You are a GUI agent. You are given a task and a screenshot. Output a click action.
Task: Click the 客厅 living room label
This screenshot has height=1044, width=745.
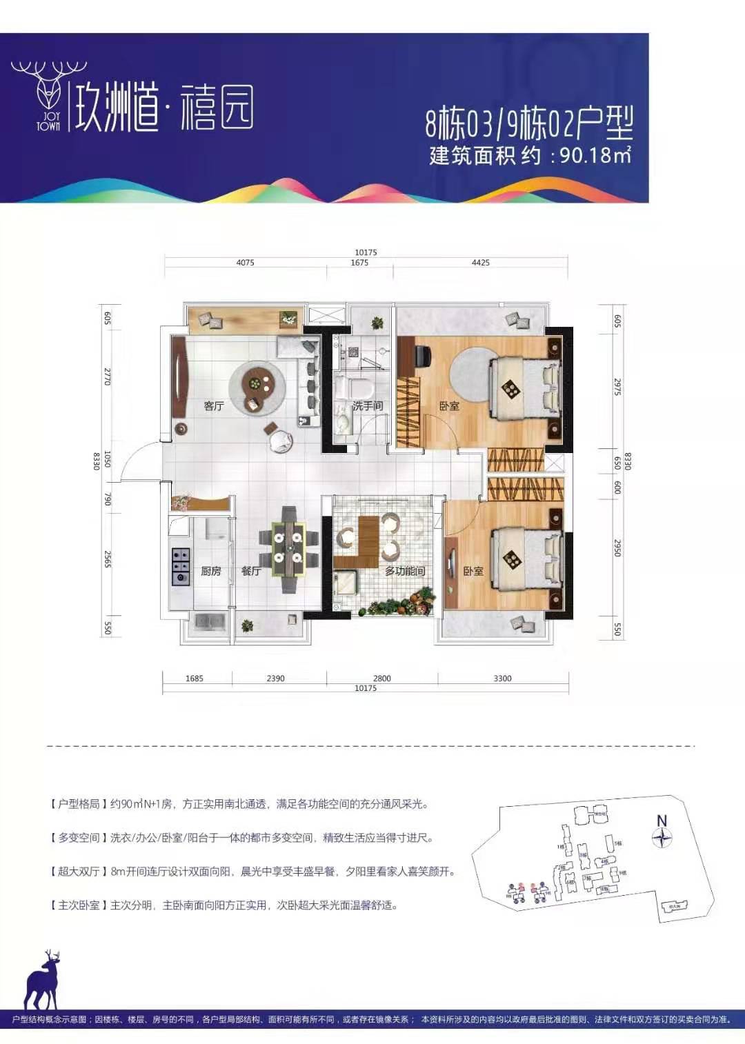click(x=214, y=406)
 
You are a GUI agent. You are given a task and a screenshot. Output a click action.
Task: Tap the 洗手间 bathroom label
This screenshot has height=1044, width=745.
click(x=368, y=406)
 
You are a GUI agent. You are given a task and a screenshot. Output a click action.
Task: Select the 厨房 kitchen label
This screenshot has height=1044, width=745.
click(x=211, y=571)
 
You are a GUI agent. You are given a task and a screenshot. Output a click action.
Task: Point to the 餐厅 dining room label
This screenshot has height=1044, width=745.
click(x=251, y=571)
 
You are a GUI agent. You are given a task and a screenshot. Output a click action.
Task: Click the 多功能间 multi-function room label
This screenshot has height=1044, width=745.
click(x=405, y=571)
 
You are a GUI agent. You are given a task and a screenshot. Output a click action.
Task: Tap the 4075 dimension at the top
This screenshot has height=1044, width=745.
click(x=245, y=263)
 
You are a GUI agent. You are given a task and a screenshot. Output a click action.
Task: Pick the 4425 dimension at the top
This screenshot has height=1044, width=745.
click(x=480, y=263)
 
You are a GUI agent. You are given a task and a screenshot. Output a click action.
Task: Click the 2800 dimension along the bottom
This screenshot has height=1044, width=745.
click(x=381, y=679)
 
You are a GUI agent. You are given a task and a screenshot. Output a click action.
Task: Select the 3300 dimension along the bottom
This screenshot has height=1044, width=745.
click(x=502, y=679)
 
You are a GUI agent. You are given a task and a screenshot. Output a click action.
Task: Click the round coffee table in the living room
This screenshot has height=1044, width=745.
click(x=257, y=388)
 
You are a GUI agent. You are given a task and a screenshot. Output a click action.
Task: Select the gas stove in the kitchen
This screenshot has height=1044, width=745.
click(x=181, y=566)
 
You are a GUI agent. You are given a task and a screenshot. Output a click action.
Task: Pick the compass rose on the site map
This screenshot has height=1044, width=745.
click(x=662, y=837)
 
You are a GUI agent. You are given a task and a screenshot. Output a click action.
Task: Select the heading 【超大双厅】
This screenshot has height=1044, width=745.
click(x=78, y=872)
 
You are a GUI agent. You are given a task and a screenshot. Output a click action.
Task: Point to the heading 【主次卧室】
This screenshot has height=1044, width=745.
click(x=78, y=905)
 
